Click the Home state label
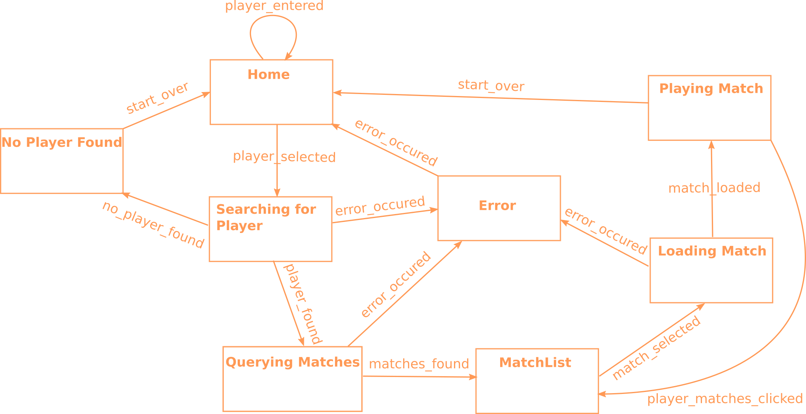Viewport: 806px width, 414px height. coord(268,74)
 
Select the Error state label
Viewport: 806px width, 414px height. coord(497,205)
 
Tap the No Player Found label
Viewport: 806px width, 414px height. coord(62,142)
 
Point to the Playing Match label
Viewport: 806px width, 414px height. coord(711,89)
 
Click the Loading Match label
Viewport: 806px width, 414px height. coord(712,251)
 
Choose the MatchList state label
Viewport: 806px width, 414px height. coord(535,362)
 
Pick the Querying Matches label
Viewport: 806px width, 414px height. coord(292,362)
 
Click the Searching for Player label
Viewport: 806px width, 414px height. coord(266,217)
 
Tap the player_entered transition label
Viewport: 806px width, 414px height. coord(274,6)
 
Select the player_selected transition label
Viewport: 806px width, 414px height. coord(284,157)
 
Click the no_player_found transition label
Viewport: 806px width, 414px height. coord(153,225)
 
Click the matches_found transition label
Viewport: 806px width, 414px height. coord(419,364)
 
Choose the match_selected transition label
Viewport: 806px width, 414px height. coord(656,348)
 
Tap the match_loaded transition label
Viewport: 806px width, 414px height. coord(714,188)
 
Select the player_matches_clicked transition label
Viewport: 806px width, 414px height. coord(725,399)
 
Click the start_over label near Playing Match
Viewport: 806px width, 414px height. coord(491,85)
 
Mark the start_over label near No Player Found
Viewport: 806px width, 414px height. coord(157,98)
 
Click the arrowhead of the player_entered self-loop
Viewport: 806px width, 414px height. coord(288,57)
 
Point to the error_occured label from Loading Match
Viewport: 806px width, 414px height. coord(606,231)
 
